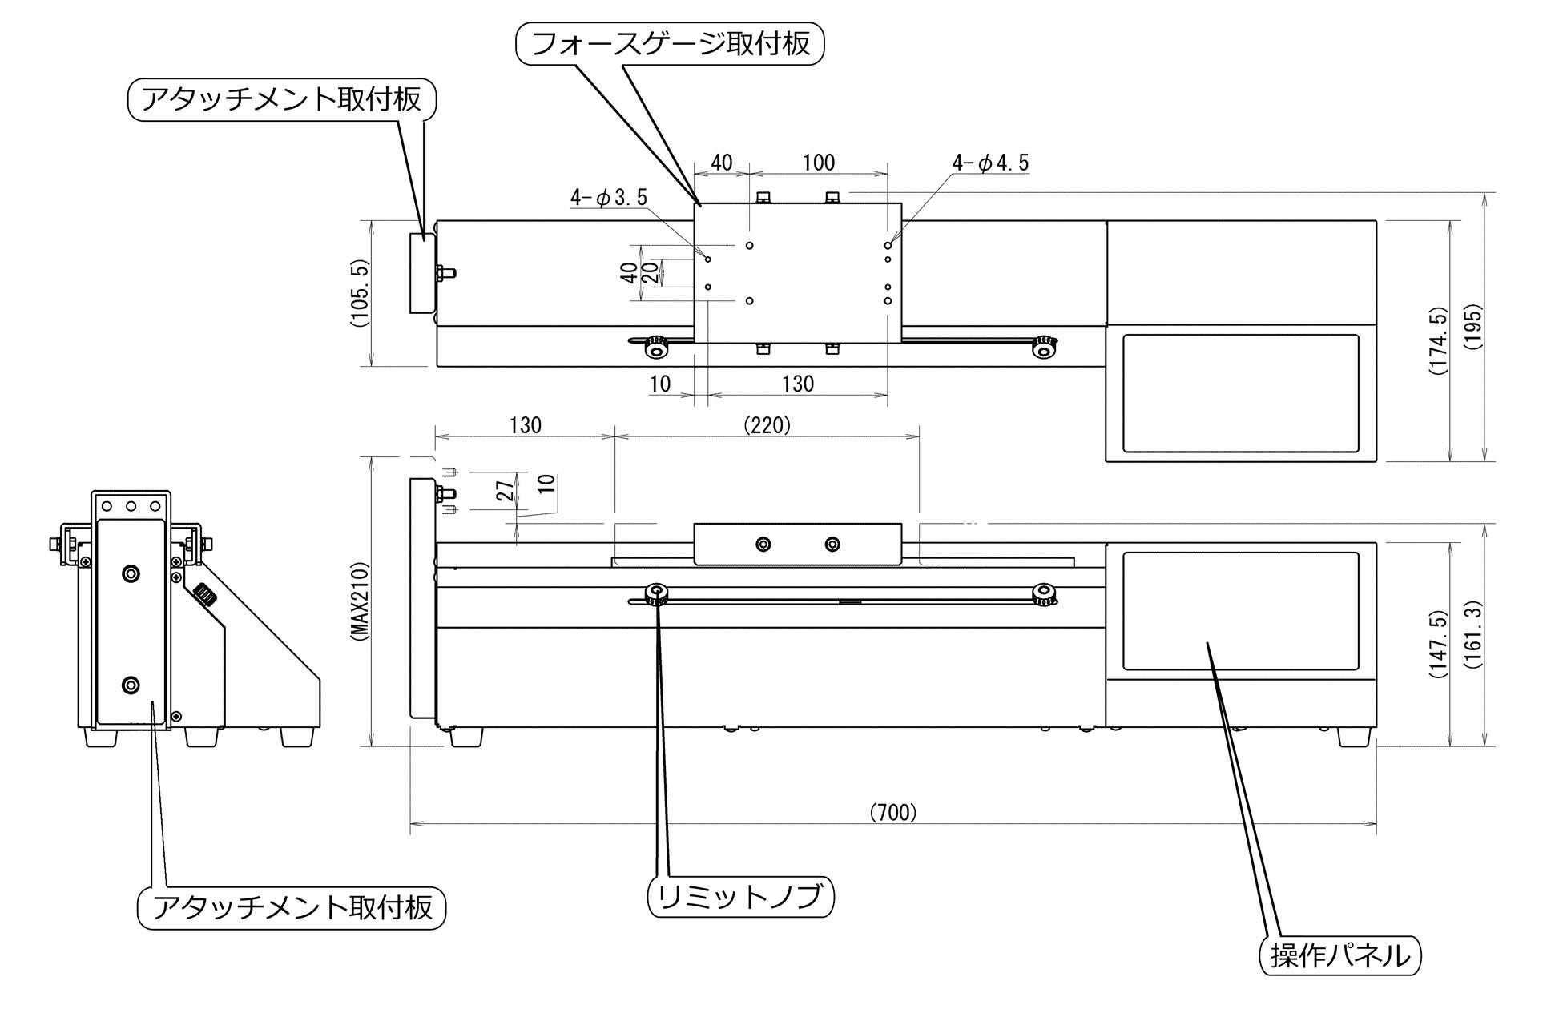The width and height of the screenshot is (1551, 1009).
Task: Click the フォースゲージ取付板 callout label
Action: (x=670, y=43)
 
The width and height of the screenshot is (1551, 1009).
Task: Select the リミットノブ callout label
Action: (x=739, y=897)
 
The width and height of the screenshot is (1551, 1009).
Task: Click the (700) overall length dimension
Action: (x=892, y=813)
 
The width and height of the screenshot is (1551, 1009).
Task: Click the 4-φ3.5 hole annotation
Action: (x=608, y=197)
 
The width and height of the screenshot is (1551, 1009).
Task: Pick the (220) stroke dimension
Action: (x=767, y=425)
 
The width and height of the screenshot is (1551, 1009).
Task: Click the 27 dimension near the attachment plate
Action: (x=506, y=490)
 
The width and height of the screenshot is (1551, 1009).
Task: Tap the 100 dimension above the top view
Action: (x=818, y=163)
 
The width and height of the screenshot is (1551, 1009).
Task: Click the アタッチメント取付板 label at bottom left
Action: (x=292, y=907)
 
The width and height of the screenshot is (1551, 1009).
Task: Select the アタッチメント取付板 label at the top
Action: (x=281, y=98)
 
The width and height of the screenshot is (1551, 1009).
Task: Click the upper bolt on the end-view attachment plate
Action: (x=131, y=573)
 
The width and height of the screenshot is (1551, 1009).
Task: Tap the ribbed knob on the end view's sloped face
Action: (x=205, y=596)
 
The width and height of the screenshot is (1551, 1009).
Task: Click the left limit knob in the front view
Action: (x=656, y=593)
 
